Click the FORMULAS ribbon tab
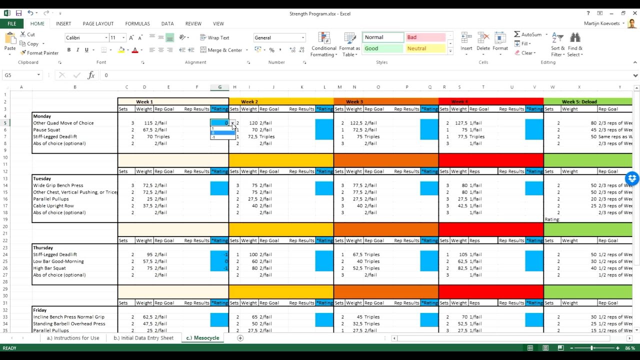point(137,23)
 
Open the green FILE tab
point(11,23)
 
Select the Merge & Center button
point(221,50)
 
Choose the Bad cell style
point(424,37)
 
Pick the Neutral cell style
point(424,48)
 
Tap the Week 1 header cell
point(144,101)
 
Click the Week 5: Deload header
point(579,101)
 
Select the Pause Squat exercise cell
point(47,130)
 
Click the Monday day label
point(42,116)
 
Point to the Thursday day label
point(42,247)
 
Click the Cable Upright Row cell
point(53,205)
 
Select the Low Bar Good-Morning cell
point(58,261)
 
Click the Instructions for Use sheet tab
point(72,338)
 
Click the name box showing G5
point(20,75)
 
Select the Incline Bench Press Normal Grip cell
point(69,317)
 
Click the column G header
point(219,87)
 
